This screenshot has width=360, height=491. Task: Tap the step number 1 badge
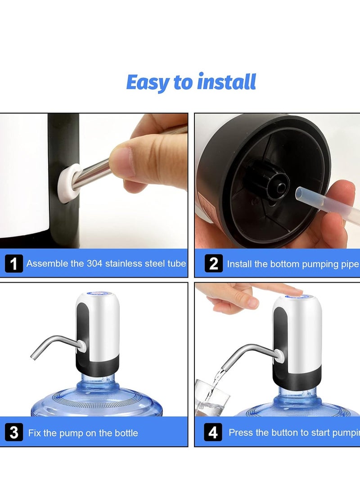(x=14, y=263)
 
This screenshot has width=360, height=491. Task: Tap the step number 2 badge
(x=213, y=263)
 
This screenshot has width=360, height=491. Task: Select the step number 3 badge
(x=14, y=432)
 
